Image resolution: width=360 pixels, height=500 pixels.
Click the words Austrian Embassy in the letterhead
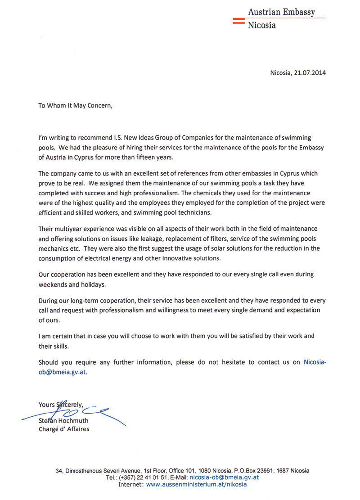[x=282, y=12]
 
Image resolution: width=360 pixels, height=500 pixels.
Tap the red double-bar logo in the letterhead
[x=238, y=20]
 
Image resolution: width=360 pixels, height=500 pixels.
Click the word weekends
[x=53, y=285]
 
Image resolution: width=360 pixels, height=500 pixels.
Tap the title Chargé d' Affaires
[x=64, y=429]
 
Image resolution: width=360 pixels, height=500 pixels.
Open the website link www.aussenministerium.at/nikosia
[x=196, y=485]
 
